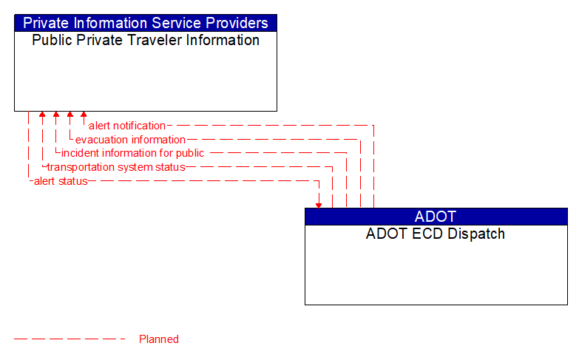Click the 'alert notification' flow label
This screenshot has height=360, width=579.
(126, 126)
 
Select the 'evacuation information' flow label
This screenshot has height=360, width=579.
(130, 140)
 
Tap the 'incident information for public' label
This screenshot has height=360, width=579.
(132, 153)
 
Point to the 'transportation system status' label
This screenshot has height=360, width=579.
(116, 167)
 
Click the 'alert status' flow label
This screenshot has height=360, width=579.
(61, 181)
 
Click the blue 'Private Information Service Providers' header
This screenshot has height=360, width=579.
(146, 23)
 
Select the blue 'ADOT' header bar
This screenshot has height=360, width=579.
(436, 217)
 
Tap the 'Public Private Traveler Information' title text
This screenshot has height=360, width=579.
(146, 40)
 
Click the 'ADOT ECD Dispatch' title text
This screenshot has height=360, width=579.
(436, 234)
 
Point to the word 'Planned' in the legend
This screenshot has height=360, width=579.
(159, 339)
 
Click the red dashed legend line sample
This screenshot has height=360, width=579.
(70, 339)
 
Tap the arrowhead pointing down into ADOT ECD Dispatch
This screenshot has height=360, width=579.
(319, 204)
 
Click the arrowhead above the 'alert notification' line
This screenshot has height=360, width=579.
(84, 115)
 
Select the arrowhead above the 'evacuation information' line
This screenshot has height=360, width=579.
(70, 115)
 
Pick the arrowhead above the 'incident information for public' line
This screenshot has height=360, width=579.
(56, 115)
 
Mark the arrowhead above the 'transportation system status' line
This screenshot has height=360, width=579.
(42, 115)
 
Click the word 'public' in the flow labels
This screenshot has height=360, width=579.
(190, 153)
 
